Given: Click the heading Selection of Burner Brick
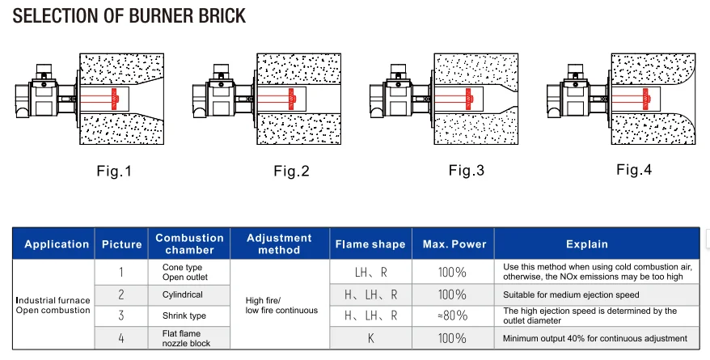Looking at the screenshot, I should (x=129, y=16).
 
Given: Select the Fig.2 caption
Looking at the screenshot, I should (x=291, y=171).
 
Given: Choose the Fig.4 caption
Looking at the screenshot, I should (x=633, y=170).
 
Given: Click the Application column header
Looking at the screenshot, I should (x=57, y=244).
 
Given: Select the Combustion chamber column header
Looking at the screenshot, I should (x=189, y=244).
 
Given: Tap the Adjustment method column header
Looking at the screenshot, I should (x=279, y=244).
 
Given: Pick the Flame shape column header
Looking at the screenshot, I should (x=371, y=244).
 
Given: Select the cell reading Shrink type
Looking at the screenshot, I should (x=185, y=316).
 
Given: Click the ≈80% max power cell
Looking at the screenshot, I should (x=453, y=316).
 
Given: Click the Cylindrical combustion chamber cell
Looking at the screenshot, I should (x=183, y=294).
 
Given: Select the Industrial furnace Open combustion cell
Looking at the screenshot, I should (x=53, y=305).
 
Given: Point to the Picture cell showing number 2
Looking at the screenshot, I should (x=121, y=294).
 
